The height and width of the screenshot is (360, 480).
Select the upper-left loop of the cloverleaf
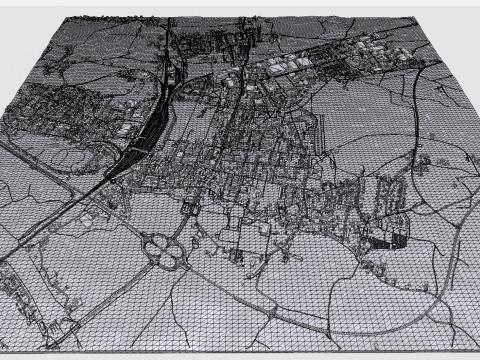155,242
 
